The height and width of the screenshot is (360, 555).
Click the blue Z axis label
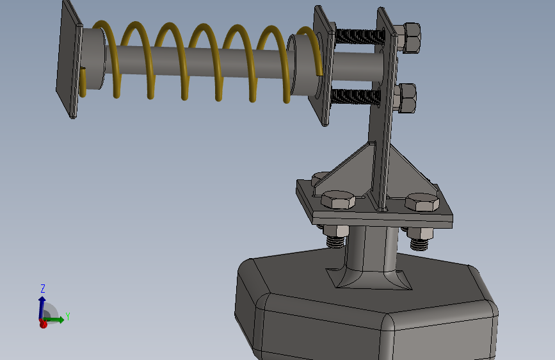pos(43,288)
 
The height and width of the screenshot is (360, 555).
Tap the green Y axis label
pos(68,316)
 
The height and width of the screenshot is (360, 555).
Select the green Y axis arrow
pos(54,320)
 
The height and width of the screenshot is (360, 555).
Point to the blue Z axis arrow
pos(42,307)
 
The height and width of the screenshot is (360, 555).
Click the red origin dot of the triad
pos(43,323)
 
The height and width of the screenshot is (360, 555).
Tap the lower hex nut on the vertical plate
pos(406,98)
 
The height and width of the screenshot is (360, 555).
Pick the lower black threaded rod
pos(356,97)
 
